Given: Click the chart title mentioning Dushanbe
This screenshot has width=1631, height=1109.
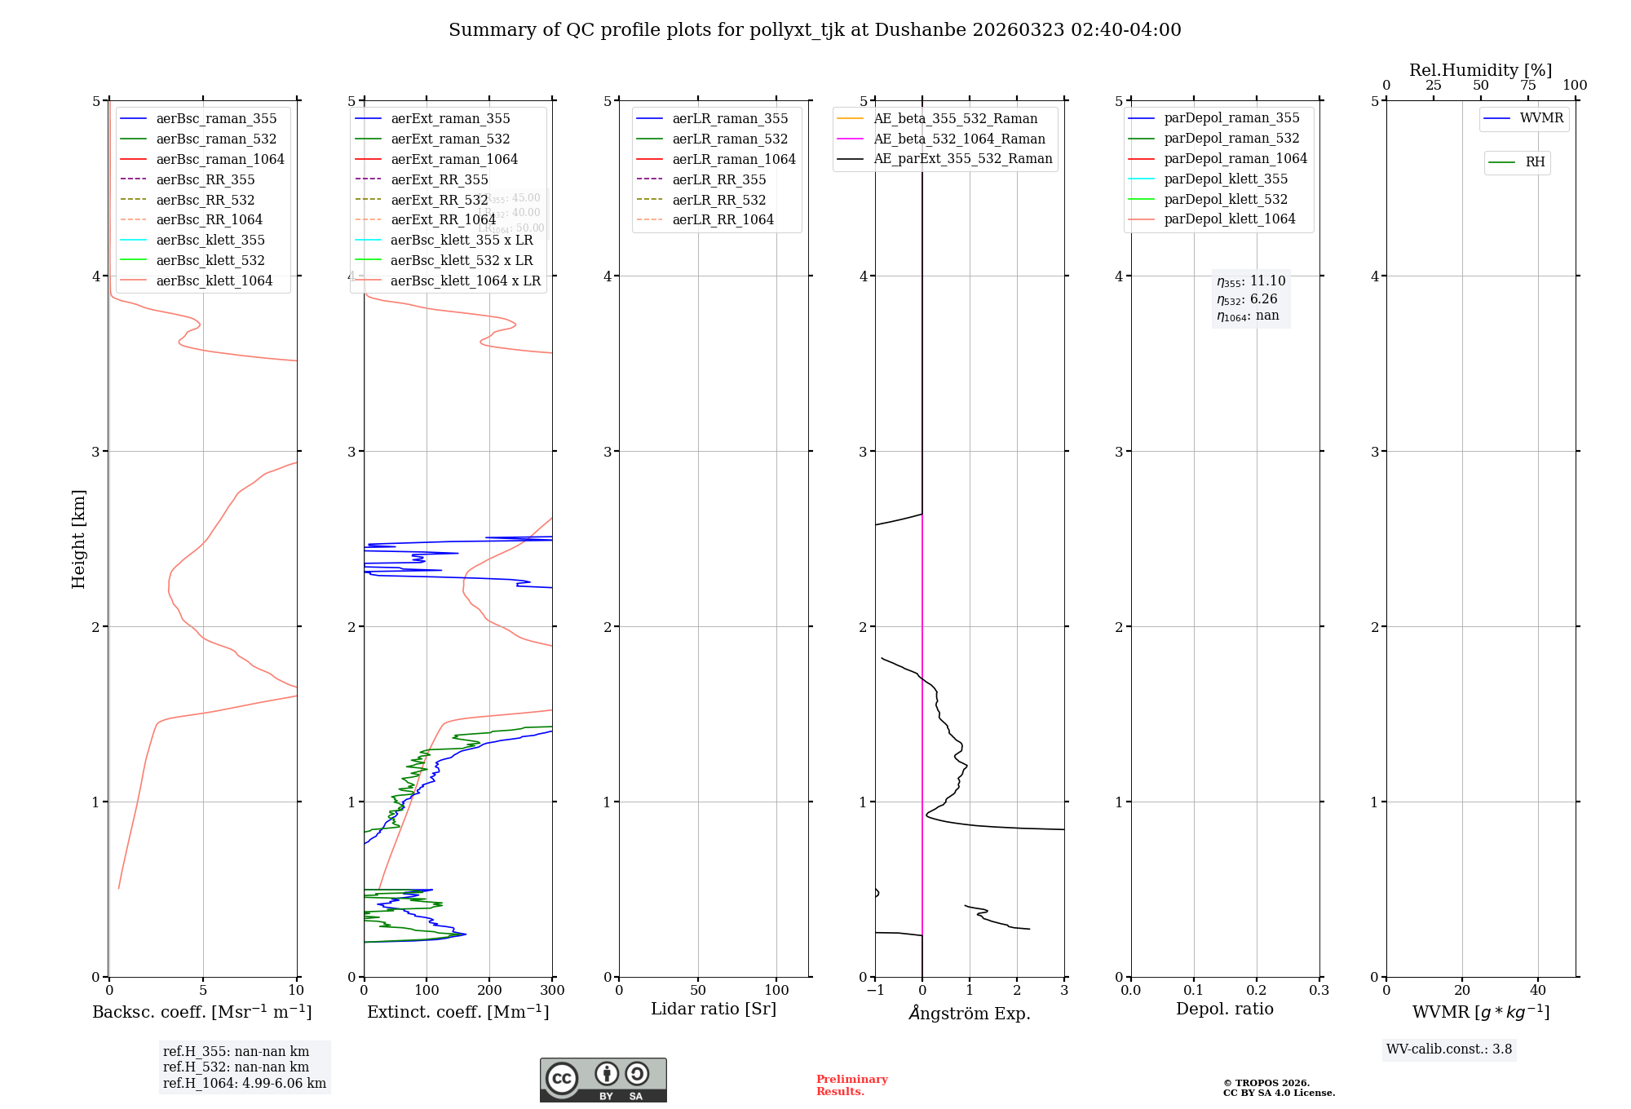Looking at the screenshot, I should pos(815,30).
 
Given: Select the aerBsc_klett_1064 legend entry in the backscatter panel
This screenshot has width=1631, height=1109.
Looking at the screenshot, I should pos(214,281).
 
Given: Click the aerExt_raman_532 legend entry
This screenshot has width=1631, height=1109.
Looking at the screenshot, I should pos(450,139).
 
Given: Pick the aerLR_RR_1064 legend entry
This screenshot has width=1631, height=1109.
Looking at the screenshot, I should pos(723,219).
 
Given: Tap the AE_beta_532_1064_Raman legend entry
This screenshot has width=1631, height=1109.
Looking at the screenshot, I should pos(959,139).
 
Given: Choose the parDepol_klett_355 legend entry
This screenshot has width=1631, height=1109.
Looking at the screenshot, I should pos(1226,179).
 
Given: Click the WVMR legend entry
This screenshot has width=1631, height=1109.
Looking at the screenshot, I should pos(1541,118).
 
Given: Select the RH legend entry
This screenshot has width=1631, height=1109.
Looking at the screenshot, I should pos(1535,162).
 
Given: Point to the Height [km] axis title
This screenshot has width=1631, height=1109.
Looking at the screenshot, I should pos(78,538).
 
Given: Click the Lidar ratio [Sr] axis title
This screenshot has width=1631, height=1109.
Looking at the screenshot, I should pos(714,1009).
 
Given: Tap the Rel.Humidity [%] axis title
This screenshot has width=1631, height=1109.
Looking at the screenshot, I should pos(1480,70).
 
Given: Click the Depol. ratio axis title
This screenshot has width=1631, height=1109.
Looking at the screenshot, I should pos(1224,1009).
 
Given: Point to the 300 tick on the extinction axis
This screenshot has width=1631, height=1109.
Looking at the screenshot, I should pos(552,991).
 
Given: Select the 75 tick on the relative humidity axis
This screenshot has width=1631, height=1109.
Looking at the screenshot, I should pos(1527,86).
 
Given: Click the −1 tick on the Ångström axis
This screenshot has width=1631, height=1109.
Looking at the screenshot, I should pos(875,991).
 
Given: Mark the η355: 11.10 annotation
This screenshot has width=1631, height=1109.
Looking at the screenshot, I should pos(1251,281).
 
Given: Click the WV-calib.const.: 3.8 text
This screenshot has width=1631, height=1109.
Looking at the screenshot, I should pos(1448,1049).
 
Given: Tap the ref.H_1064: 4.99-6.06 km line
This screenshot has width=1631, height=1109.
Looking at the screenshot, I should pos(245,1083).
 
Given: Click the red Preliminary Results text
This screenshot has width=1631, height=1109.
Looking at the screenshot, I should pos(851,1085).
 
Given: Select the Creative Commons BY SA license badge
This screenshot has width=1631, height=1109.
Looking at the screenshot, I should pos(603,1080).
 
